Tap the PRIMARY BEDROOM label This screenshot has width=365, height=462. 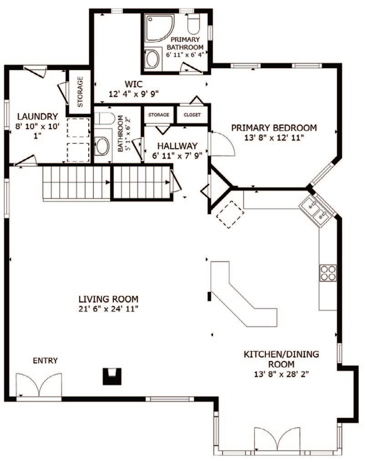(274, 127)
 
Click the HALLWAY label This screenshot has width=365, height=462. (177, 146)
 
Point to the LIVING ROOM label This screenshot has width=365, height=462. (108, 299)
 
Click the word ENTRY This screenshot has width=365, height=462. (45, 361)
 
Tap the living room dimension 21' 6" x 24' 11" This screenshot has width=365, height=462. (108, 309)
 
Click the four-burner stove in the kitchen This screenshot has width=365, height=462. (328, 272)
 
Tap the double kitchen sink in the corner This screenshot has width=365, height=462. (317, 210)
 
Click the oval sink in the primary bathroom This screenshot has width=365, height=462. (152, 59)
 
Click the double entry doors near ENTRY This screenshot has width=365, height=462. (39, 385)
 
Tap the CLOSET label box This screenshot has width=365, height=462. (192, 115)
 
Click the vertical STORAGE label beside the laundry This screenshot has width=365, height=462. (80, 91)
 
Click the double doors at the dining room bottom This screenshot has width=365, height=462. (277, 439)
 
